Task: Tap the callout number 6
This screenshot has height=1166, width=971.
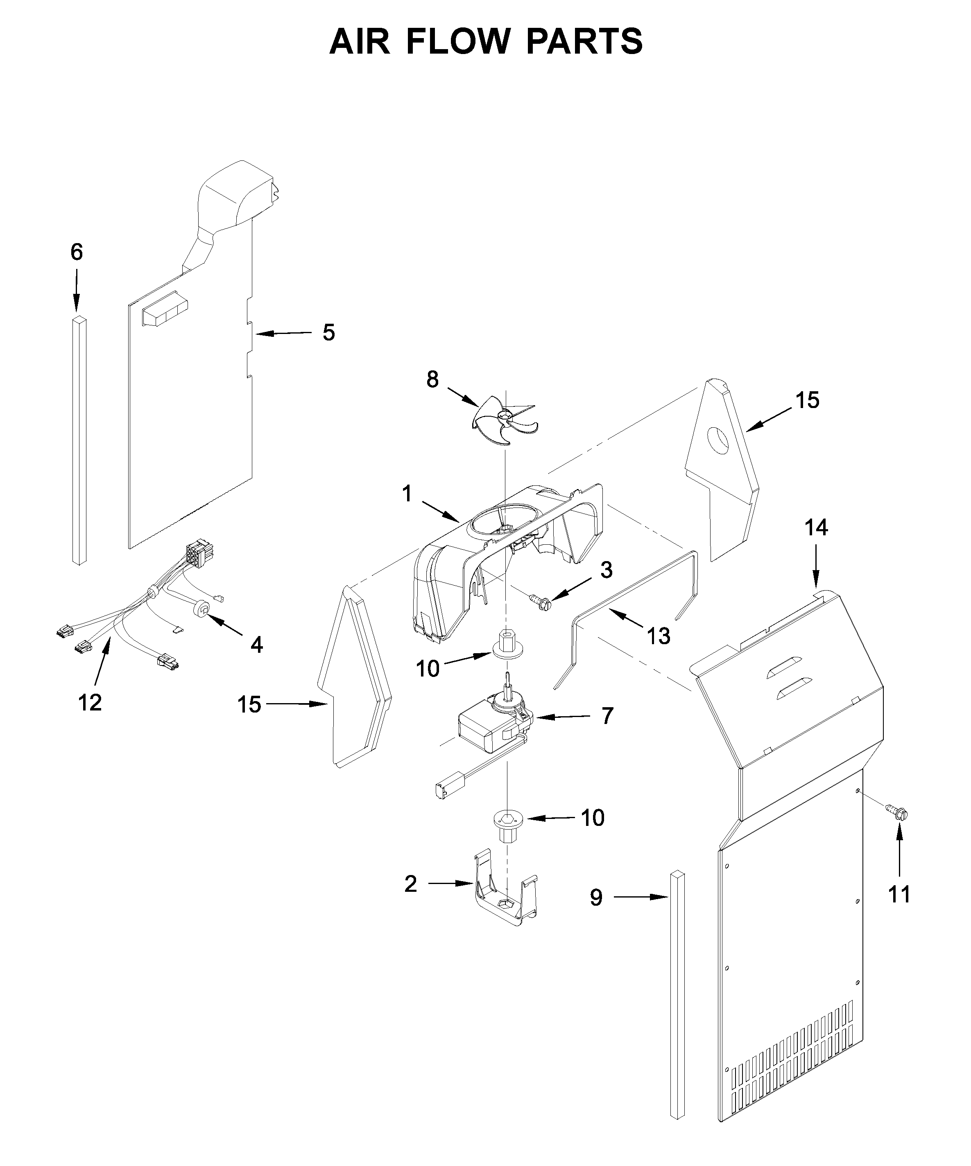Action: (77, 252)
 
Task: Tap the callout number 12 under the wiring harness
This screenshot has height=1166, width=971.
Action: (90, 702)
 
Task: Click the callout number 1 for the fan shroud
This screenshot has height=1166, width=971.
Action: (407, 493)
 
